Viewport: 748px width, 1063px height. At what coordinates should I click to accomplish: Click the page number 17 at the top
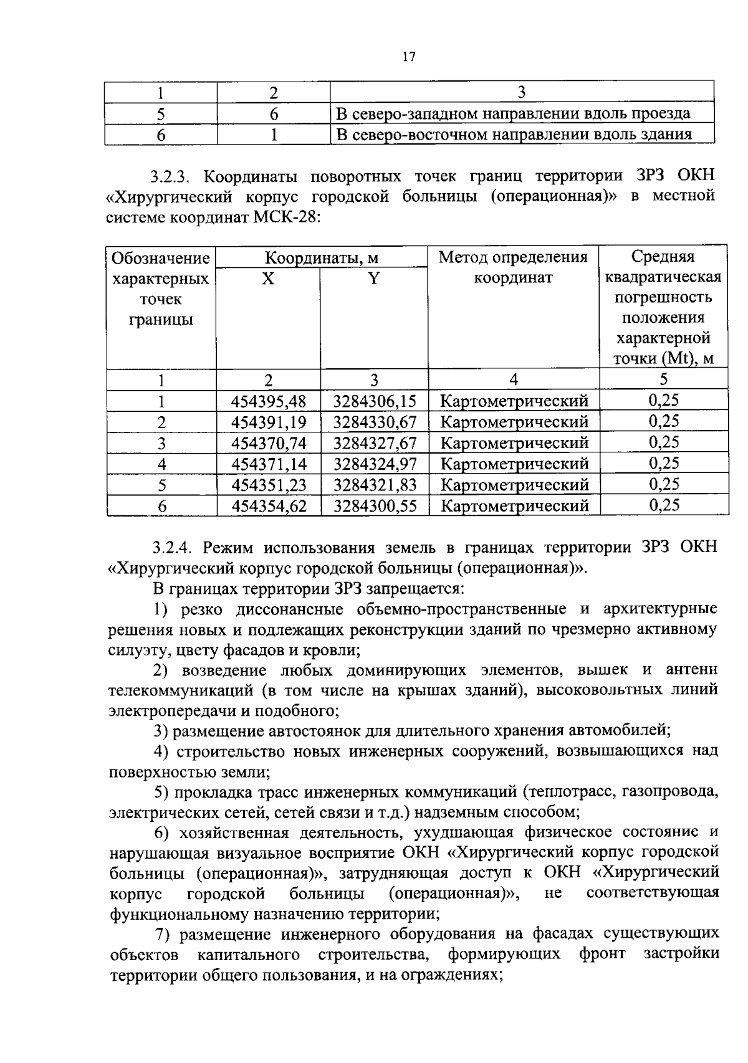(408, 57)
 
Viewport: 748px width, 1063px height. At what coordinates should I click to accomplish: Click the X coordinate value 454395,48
(269, 401)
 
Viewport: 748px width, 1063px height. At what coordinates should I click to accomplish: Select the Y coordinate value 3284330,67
(375, 422)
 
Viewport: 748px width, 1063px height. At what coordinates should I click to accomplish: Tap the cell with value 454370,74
(269, 444)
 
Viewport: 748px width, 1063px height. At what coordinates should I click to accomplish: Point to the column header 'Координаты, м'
(322, 258)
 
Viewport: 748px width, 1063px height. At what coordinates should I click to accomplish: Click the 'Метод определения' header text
(513, 257)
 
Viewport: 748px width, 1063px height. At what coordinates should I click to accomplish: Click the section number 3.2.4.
(174, 548)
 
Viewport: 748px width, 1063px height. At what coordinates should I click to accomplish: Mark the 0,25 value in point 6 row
(663, 505)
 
